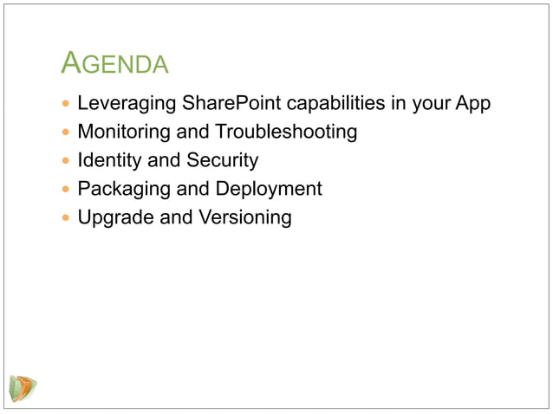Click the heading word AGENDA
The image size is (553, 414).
115,63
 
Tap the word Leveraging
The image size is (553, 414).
127,104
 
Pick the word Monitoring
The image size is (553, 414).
123,133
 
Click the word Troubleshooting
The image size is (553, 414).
286,133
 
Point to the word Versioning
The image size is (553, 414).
245,217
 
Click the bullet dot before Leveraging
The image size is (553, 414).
66,105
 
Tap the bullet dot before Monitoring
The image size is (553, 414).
66,133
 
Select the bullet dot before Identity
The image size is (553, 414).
66,161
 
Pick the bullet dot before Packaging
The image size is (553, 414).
66,190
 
